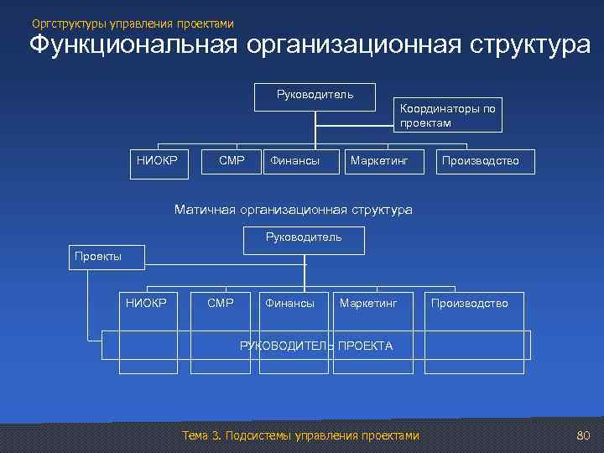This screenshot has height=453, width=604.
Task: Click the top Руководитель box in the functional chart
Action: [315, 96]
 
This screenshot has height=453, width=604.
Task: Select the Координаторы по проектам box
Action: [449, 116]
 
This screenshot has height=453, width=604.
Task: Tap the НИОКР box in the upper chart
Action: [158, 161]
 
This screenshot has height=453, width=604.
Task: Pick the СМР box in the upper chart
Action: [232, 161]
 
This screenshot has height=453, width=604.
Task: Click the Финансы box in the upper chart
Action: [294, 161]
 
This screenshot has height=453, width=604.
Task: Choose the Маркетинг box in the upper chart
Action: [378, 161]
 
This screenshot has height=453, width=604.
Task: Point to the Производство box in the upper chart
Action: [481, 161]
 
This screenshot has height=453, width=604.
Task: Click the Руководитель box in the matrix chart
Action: [304, 239]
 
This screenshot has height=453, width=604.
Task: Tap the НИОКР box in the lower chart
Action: [146, 303]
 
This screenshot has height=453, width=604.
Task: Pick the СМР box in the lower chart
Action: [220, 303]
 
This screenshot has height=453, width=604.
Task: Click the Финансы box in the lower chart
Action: [289, 303]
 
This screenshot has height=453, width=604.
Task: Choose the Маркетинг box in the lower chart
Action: [368, 303]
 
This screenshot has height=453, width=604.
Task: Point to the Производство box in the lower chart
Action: [469, 303]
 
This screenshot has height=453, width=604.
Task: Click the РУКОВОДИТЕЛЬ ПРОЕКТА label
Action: [316, 346]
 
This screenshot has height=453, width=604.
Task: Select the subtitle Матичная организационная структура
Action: [293, 210]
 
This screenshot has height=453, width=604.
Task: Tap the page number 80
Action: [584, 435]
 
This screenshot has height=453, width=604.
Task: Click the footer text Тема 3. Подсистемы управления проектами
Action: [299, 435]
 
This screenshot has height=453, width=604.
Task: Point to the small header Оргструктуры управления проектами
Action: [133, 23]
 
